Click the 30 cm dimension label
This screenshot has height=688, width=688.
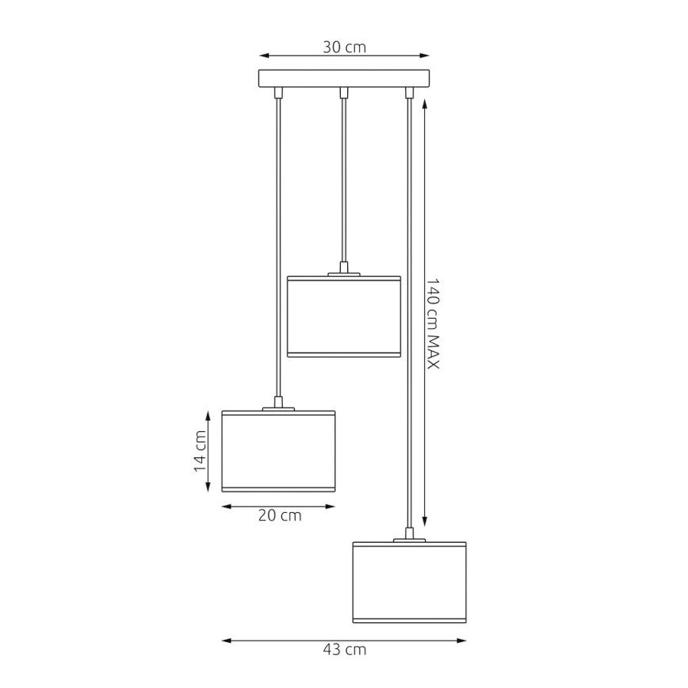coord(344,47)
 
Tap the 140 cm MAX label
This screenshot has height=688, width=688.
coord(433,323)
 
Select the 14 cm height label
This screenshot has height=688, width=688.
coord(201,450)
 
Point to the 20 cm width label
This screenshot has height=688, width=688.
coord(279,516)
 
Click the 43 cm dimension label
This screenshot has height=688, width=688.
coord(345,650)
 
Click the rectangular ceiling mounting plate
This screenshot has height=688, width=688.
coord(344,78)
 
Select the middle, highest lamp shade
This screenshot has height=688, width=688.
coord(343,316)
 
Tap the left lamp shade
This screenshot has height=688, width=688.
coord(278,450)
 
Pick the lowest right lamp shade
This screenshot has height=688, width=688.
coord(409,582)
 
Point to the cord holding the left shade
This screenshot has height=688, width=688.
coord(277,246)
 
